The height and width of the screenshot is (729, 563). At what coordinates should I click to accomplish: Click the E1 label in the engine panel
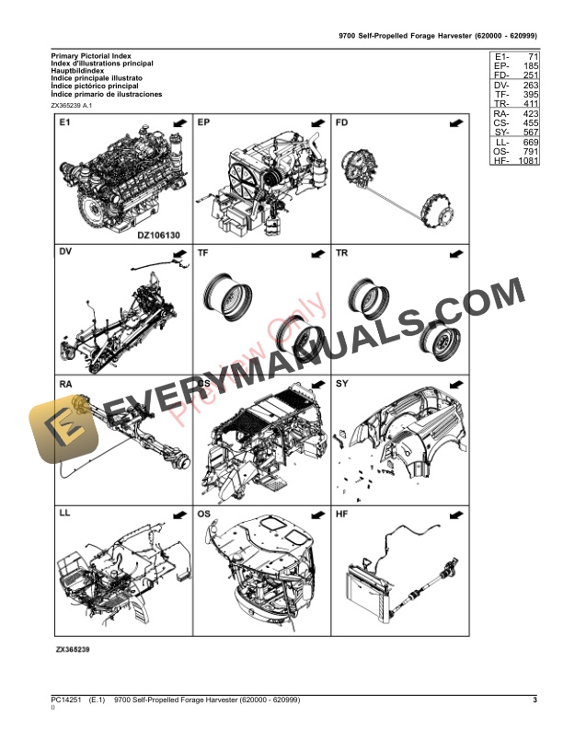[64, 122]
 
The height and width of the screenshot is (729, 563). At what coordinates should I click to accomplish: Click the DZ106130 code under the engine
[160, 234]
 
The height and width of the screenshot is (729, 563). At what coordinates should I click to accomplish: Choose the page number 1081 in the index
[528, 162]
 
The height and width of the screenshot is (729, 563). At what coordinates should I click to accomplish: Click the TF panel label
[203, 252]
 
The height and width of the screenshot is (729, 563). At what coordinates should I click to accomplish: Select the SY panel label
[341, 382]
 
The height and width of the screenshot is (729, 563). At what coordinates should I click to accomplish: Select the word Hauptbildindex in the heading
[77, 70]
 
